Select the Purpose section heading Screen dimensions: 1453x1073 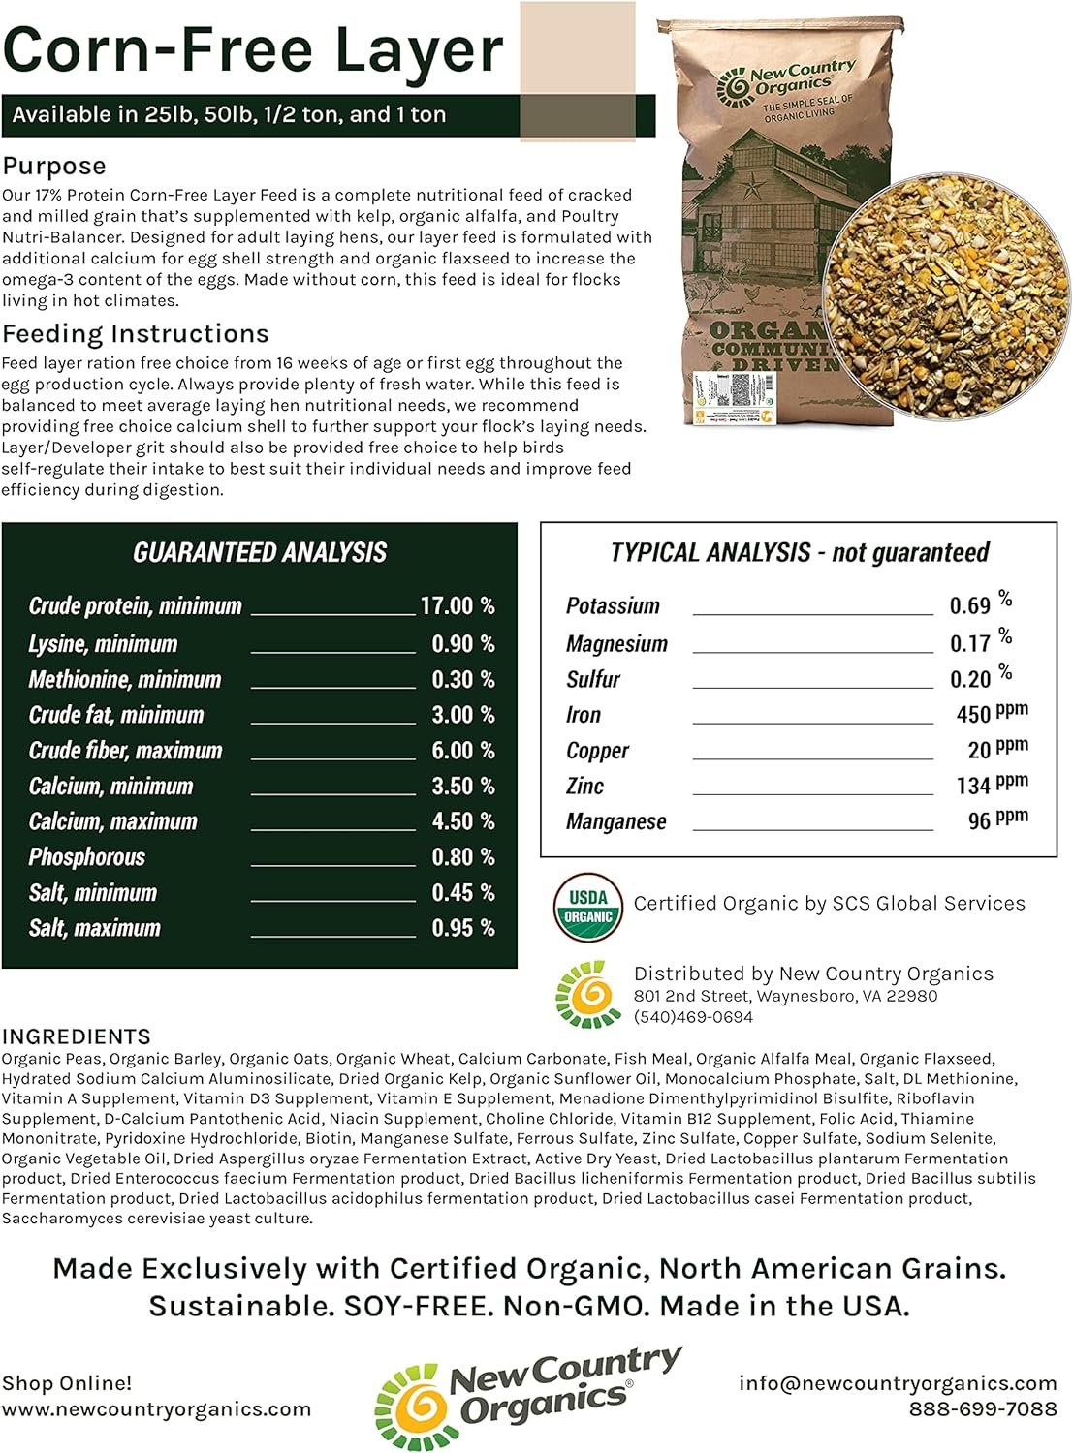pos(54,166)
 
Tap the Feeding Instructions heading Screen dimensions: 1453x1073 pos(136,334)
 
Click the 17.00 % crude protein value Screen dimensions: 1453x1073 pos(458,606)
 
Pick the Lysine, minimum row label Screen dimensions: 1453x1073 pos(103,644)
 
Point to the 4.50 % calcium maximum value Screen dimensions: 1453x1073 pos(462,821)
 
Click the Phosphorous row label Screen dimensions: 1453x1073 pos(86,857)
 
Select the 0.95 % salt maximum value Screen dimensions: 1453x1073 pos(462,928)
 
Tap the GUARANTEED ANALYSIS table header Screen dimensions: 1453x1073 pos(260,553)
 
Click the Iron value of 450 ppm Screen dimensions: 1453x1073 pos(991,714)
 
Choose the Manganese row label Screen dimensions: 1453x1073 pos(615,822)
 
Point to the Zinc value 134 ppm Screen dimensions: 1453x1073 pos(991,785)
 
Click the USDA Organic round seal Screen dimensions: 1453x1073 pos(587,907)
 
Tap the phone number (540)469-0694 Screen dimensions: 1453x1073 pos(693,1017)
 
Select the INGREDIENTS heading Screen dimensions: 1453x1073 pos(77,1036)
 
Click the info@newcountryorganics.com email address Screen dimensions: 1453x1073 pos(898,1383)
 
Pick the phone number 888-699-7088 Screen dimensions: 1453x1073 pos(982,1408)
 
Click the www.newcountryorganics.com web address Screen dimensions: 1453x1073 pos(156,1409)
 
